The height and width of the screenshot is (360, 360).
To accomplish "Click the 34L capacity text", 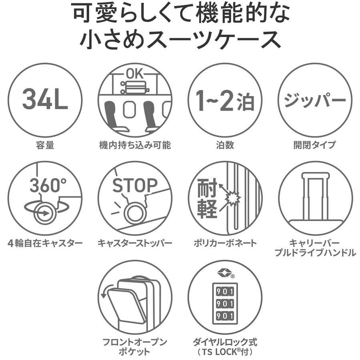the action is pyautogui.click(x=45, y=99).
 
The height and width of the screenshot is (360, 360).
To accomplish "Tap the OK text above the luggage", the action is pyautogui.click(x=134, y=74).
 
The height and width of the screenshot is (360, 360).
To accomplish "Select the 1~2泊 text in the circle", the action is pyautogui.click(x=225, y=100).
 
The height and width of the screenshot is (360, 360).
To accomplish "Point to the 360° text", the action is pyautogui.click(x=48, y=185).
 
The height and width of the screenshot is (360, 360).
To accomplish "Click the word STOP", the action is pyautogui.click(x=135, y=185).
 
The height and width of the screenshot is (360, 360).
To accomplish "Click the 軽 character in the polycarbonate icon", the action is pyautogui.click(x=207, y=208).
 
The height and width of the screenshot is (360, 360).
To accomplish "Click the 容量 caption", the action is pyautogui.click(x=45, y=145).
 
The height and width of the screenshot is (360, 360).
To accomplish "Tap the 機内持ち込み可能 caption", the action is pyautogui.click(x=135, y=145).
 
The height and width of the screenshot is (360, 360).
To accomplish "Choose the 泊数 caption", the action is pyautogui.click(x=225, y=145).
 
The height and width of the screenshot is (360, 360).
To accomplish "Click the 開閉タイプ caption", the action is pyautogui.click(x=315, y=145).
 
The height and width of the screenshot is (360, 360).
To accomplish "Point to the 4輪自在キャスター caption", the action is pyautogui.click(x=45, y=243).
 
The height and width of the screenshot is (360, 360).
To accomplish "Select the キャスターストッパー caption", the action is pyautogui.click(x=135, y=243).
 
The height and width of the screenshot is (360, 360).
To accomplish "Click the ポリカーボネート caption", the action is pyautogui.click(x=225, y=243).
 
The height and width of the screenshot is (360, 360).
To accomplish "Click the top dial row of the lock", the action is pyautogui.click(x=225, y=291).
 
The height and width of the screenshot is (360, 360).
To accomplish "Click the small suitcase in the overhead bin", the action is pyautogui.click(x=135, y=87).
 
